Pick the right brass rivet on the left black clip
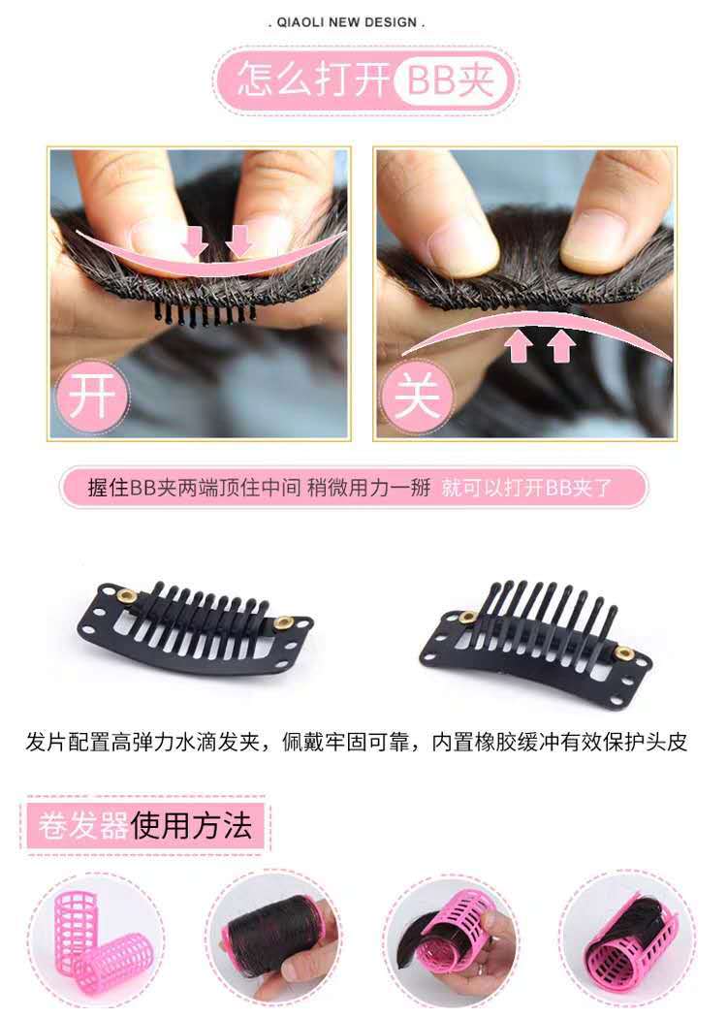[283, 622]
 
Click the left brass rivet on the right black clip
[467, 617]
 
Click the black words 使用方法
[192, 825]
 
